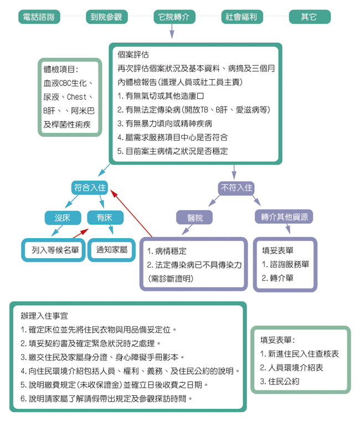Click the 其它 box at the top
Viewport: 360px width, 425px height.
(309, 17)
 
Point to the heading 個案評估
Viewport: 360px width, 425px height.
(133, 55)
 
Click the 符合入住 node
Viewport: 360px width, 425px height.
(90, 188)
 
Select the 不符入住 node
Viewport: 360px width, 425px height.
(237, 188)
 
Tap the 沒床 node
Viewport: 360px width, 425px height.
(63, 218)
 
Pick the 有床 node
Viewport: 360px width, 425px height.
(104, 218)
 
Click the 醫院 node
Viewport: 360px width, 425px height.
(195, 218)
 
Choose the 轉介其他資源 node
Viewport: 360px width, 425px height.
(285, 217)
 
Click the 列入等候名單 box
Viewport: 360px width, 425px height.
(55, 250)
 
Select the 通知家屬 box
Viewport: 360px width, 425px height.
(111, 250)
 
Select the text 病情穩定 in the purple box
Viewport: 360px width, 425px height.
(171, 251)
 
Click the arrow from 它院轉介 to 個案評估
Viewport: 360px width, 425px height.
(172, 32)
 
